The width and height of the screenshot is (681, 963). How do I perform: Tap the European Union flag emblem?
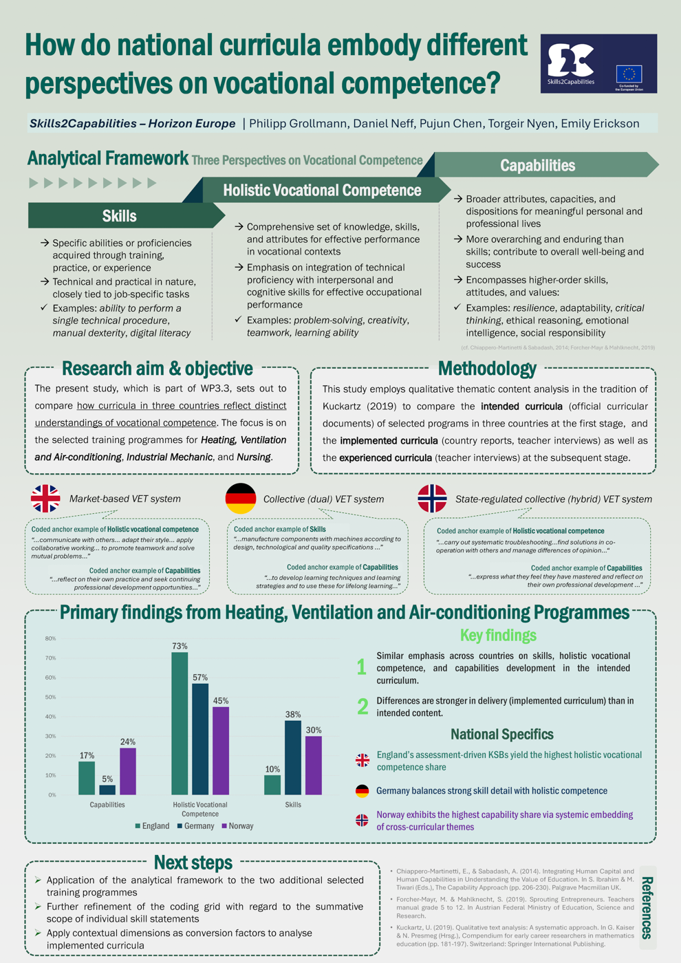point(629,73)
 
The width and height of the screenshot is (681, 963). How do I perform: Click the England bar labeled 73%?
point(180,723)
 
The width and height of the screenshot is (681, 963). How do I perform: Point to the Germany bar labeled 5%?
point(107,790)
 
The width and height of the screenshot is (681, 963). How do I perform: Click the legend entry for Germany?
point(195,826)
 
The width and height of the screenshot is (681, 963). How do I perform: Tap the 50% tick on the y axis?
point(50,697)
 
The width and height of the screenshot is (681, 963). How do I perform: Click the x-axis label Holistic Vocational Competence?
point(200,809)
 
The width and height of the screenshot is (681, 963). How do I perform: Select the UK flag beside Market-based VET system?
point(45,499)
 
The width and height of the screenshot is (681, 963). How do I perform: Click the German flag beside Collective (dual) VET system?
point(241,499)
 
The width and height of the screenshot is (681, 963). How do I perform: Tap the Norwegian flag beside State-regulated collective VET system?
point(432,499)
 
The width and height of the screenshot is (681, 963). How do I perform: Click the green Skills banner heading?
point(119,216)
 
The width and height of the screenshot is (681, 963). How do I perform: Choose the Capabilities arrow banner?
point(538,166)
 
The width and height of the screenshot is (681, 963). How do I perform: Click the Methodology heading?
point(487,369)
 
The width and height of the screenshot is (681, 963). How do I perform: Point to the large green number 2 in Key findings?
point(363,706)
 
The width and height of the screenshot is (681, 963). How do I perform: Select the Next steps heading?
point(193,863)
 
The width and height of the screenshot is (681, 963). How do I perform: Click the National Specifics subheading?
point(502,734)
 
